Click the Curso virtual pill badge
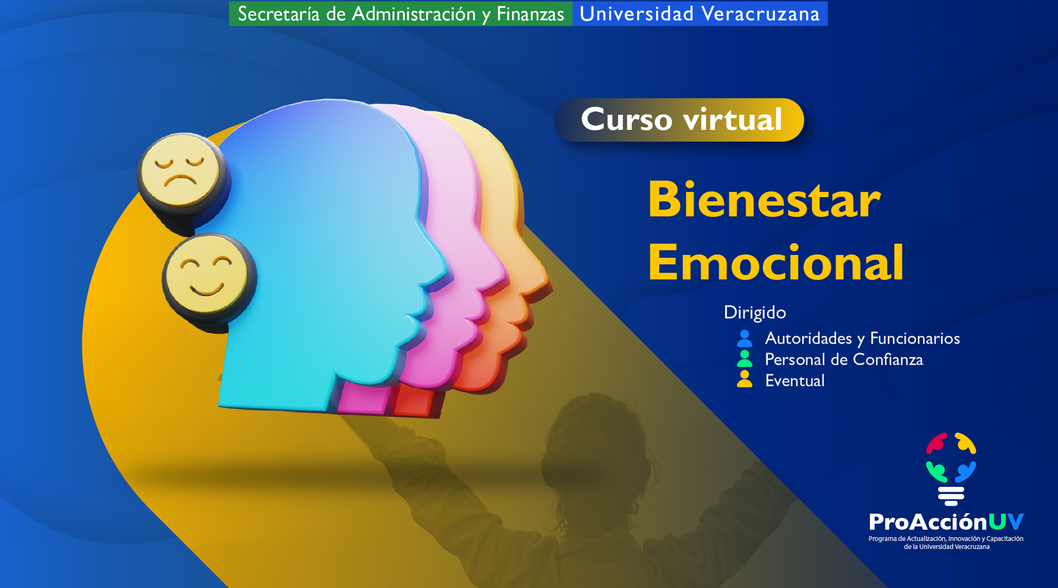click(x=679, y=119)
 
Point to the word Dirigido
click(x=755, y=313)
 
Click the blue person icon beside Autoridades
click(x=744, y=338)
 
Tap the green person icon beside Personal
click(x=744, y=358)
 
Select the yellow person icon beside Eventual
click(x=744, y=379)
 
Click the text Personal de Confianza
click(x=844, y=359)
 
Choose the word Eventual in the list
click(x=795, y=381)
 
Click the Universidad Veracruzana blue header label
click(x=700, y=14)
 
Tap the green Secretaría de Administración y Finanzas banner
click(x=401, y=14)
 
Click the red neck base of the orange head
click(x=416, y=402)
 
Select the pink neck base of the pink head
click(x=364, y=398)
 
